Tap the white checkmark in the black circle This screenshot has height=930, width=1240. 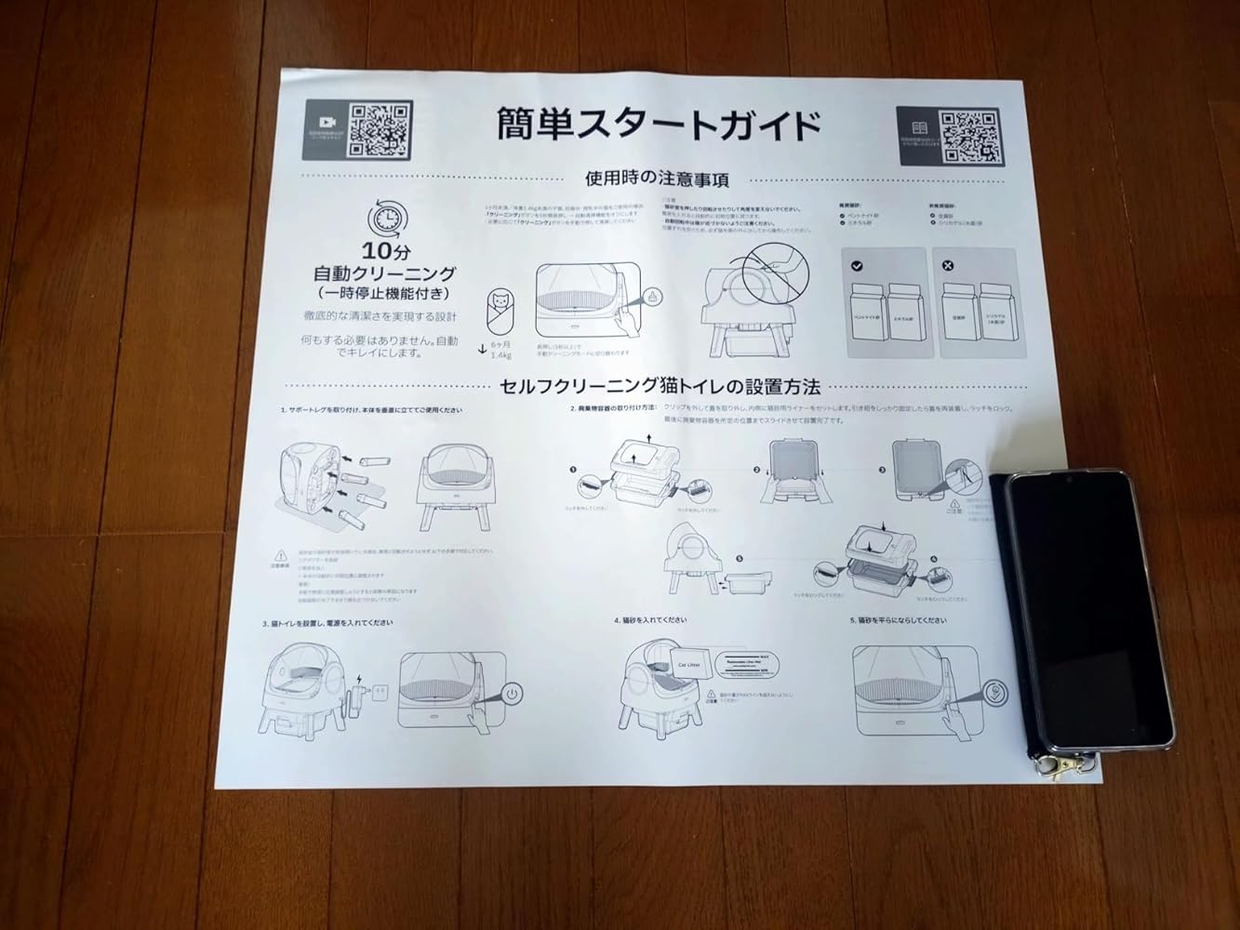point(857,266)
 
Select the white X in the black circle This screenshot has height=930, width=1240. point(948,266)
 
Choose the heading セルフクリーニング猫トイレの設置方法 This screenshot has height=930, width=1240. point(660,385)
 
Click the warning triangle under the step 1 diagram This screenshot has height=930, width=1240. point(280,551)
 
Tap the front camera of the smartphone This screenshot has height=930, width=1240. point(1067,483)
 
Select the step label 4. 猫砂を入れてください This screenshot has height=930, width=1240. point(650,619)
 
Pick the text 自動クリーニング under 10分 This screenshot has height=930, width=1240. point(383,273)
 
